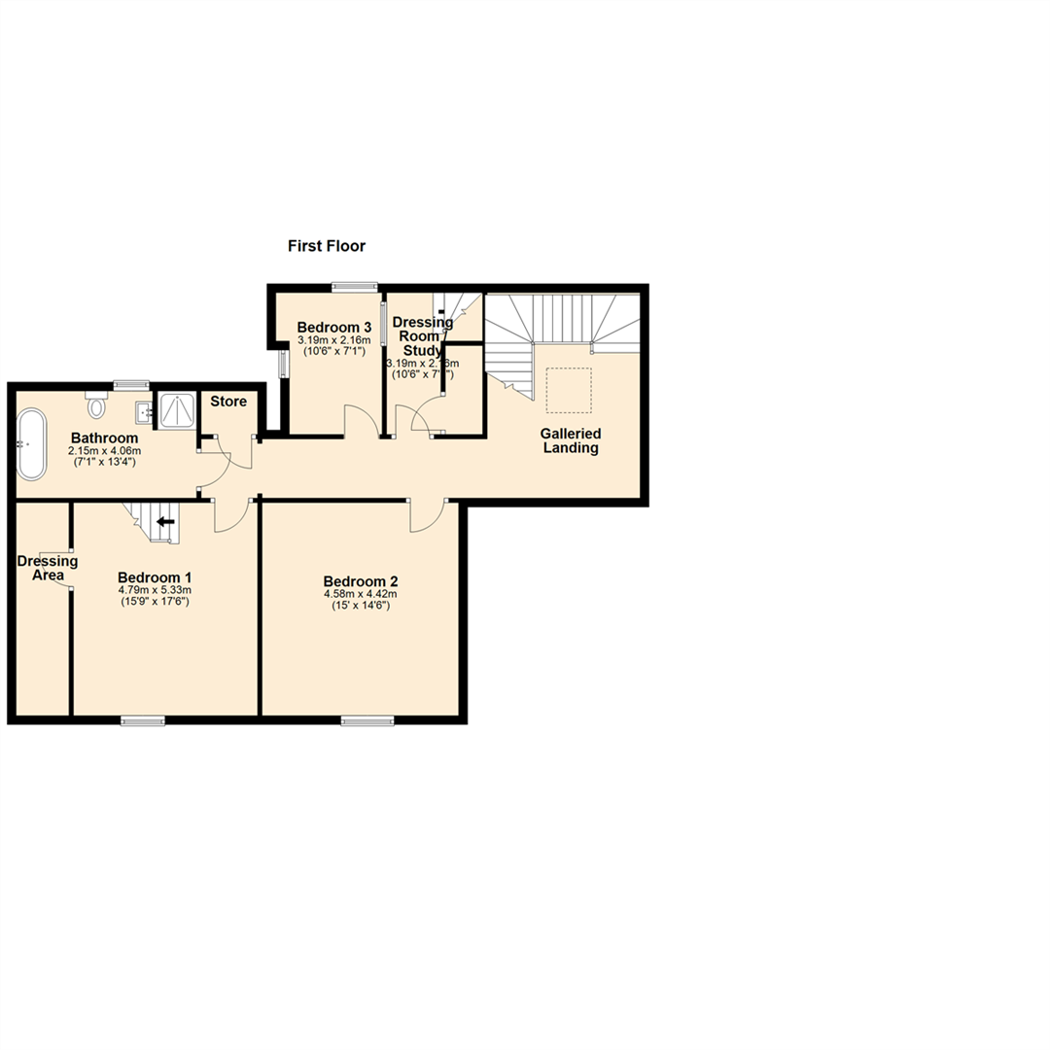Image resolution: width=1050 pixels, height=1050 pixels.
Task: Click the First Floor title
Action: pyautogui.click(x=326, y=247)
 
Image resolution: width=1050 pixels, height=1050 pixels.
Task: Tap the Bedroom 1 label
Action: pyautogui.click(x=154, y=575)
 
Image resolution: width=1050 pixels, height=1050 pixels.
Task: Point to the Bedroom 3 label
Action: pyautogui.click(x=334, y=327)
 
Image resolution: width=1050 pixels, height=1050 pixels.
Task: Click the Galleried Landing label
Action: pyautogui.click(x=571, y=440)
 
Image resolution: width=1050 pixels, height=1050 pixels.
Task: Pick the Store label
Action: pyautogui.click(x=228, y=402)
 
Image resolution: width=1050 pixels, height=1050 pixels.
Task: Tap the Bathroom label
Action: pyautogui.click(x=104, y=438)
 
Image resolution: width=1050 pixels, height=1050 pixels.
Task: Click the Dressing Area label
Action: pyautogui.click(x=48, y=568)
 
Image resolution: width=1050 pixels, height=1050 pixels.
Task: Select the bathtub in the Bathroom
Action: pyautogui.click(x=30, y=444)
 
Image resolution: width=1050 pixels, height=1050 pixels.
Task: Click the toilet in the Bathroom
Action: pyautogui.click(x=95, y=402)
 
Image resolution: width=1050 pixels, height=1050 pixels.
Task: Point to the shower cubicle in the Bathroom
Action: pyautogui.click(x=176, y=411)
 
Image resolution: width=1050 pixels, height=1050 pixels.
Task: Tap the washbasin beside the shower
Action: pyautogui.click(x=142, y=412)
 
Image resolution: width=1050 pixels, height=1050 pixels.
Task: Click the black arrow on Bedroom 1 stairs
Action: pyautogui.click(x=165, y=522)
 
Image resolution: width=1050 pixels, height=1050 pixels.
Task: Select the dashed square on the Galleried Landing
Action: pyautogui.click(x=568, y=389)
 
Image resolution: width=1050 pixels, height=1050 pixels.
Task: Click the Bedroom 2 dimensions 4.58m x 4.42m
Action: pyautogui.click(x=360, y=593)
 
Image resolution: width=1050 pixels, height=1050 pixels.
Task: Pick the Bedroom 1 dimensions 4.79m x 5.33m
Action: pyautogui.click(x=155, y=589)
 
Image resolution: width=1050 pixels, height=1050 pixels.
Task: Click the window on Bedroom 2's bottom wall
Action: pyautogui.click(x=367, y=720)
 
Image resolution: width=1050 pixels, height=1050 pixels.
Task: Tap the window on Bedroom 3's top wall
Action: pyautogui.click(x=353, y=286)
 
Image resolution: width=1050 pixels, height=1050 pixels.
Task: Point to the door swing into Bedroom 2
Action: pyautogui.click(x=426, y=516)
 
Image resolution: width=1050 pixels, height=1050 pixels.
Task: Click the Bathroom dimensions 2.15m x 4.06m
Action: pyautogui.click(x=104, y=451)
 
